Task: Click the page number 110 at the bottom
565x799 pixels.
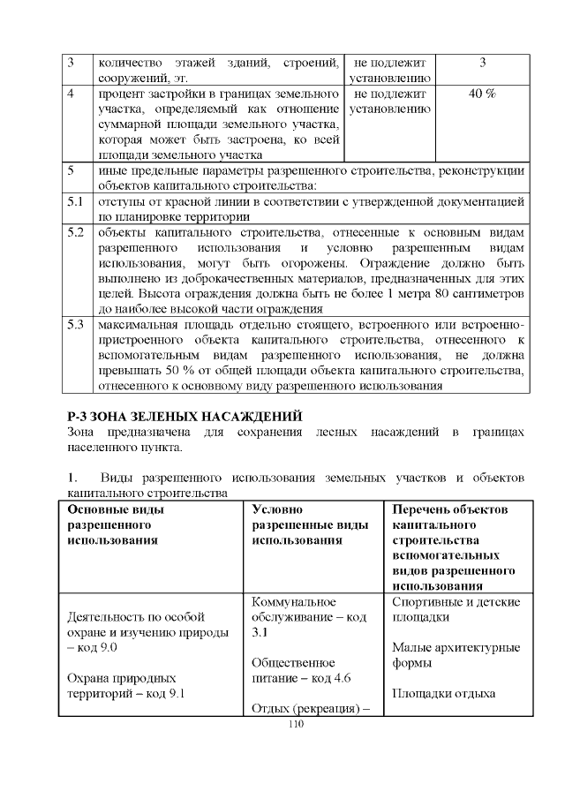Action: [x=295, y=723]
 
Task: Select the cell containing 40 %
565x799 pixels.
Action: [x=482, y=94]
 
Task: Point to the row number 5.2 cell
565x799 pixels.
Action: [x=76, y=234]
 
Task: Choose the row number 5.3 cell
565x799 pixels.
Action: [x=76, y=324]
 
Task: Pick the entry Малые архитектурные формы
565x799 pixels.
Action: [x=456, y=654]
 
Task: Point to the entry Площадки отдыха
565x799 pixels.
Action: [x=443, y=693]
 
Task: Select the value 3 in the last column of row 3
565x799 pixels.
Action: [x=482, y=63]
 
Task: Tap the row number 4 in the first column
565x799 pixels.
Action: [x=72, y=94]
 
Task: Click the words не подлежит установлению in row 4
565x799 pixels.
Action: [x=389, y=102]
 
